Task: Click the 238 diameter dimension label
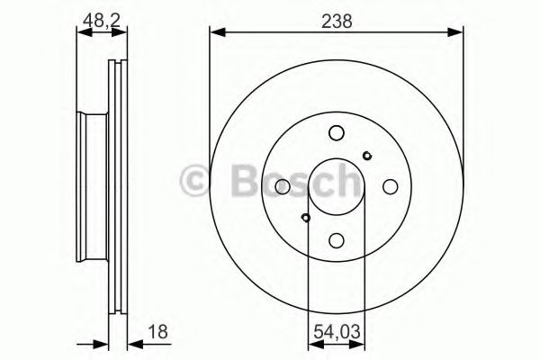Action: coord(337,22)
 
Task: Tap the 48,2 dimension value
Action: coord(101,21)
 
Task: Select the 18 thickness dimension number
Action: coord(158,332)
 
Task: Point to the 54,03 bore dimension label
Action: coord(337,332)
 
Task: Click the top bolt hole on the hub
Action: coord(337,133)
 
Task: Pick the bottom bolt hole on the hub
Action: coord(337,240)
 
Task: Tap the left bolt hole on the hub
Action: coord(283,186)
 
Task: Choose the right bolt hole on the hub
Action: coord(391,186)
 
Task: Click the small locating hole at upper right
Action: coord(367,156)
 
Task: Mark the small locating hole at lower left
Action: coord(305,218)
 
